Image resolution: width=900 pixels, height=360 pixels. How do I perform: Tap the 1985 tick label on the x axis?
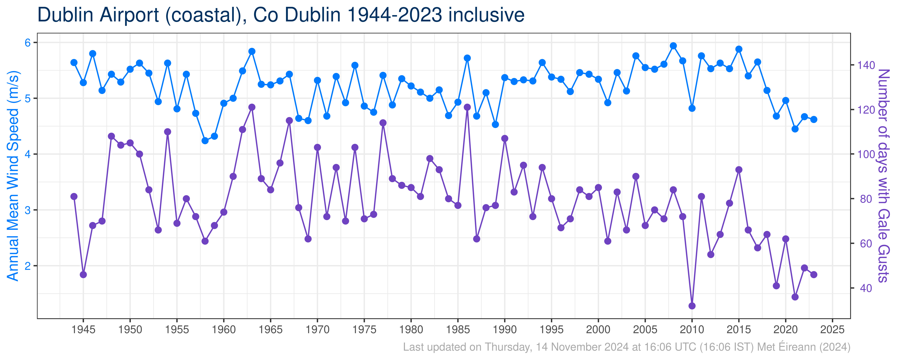pos(458,330)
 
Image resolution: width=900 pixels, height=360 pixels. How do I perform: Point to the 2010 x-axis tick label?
pos(692,330)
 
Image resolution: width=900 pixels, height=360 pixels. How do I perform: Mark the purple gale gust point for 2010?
pos(692,306)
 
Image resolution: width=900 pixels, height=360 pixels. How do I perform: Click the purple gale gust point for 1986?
pos(467,107)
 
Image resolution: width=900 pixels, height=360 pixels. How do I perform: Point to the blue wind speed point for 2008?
pos(673,46)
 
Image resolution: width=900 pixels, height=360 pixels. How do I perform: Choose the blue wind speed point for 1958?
pos(205,141)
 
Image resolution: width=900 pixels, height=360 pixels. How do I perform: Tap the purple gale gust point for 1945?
pos(83,275)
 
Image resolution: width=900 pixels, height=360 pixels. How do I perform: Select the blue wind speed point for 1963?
pos(252,51)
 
